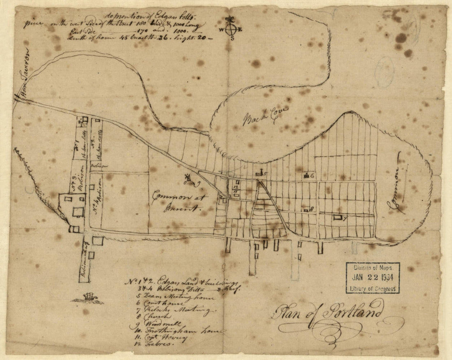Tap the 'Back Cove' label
click(x=266, y=115)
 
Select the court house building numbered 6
click(x=306, y=175)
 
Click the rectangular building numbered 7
click(x=338, y=217)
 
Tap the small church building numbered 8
click(x=306, y=210)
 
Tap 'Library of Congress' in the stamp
click(x=373, y=289)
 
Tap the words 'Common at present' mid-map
click(x=180, y=202)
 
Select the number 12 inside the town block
click(x=235, y=187)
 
